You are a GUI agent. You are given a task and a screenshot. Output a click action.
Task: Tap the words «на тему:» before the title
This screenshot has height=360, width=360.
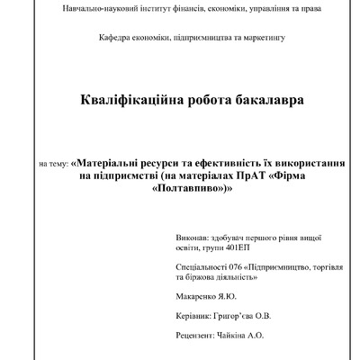(53, 166)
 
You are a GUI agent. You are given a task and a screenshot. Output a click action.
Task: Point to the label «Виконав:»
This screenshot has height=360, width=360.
(198, 243)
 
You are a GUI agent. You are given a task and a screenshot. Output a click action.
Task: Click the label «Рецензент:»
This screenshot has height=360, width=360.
(200, 335)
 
